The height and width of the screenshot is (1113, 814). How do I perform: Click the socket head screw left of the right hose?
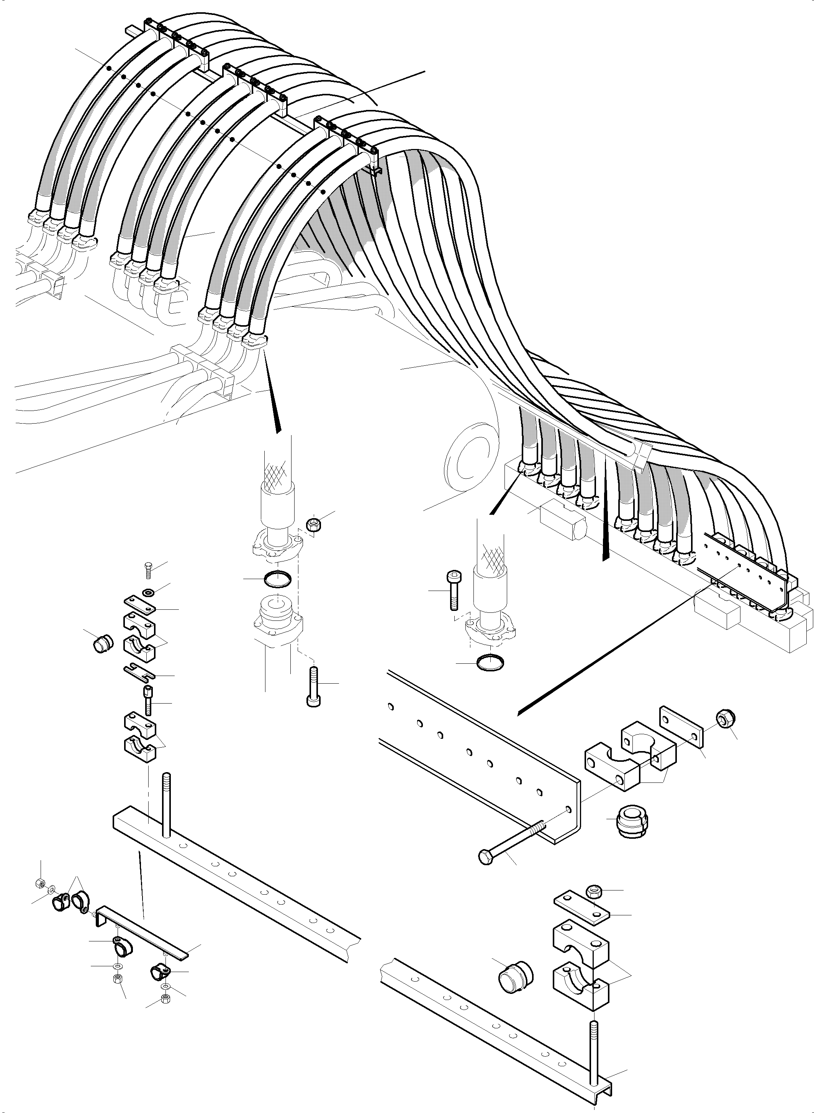453,590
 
